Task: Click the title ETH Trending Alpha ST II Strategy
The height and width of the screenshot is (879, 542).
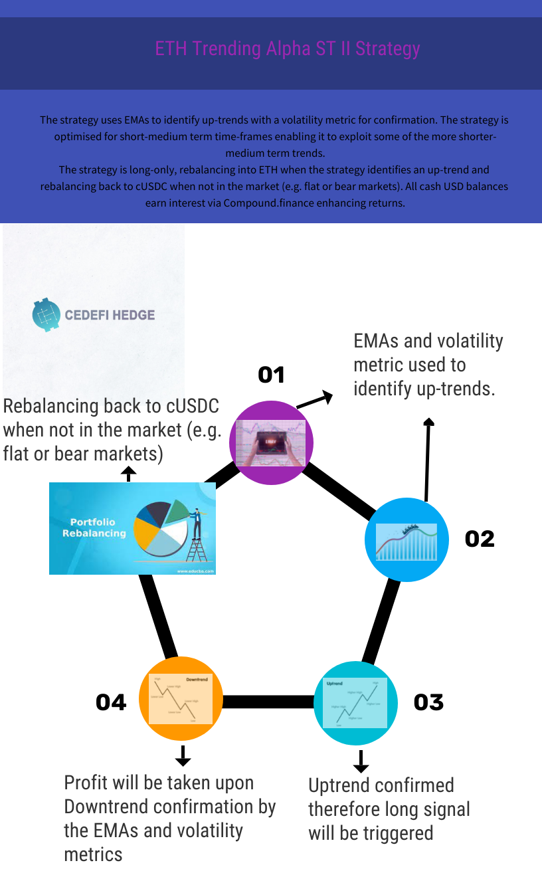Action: point(287,49)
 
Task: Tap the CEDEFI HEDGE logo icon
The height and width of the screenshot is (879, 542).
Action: point(46,314)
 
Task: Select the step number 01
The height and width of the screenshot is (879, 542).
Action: point(271,375)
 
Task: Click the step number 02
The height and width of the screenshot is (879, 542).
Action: point(480,538)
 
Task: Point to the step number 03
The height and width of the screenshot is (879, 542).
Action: point(428,702)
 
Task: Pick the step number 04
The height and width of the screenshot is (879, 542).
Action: point(111,702)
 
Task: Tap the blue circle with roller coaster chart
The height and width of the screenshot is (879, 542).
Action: point(407,540)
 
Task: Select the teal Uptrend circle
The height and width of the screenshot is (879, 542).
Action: point(355,703)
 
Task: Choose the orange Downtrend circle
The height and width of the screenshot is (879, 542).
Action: point(181,699)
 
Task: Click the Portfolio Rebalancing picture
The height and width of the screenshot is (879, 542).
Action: point(132,528)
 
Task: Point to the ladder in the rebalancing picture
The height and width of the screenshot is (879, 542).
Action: point(197,549)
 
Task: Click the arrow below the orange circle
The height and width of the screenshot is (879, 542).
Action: point(183,755)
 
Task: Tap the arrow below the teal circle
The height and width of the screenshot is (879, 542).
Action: point(361,761)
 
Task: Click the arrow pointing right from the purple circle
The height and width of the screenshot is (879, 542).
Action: point(314,400)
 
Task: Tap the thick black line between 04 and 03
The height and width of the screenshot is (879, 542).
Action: point(268,702)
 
